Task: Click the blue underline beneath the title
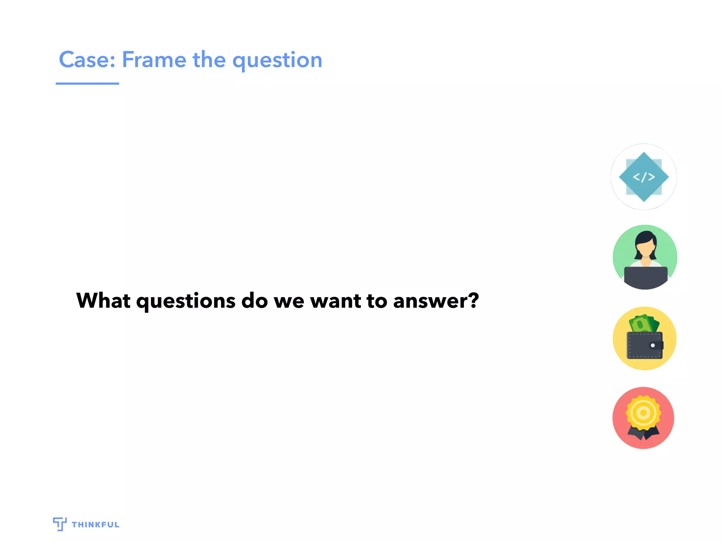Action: pos(87,84)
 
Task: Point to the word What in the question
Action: pos(103,301)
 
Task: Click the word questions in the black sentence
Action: pos(186,301)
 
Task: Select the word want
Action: pos(336,301)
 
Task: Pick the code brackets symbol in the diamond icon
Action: pos(644,177)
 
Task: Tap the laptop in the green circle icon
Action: pos(645,277)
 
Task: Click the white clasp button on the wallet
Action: pos(653,345)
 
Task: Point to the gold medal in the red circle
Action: pos(643,412)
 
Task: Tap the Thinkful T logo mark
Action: pos(60,524)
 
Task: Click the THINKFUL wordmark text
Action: pos(96,525)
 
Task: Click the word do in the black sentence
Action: pos(255,301)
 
